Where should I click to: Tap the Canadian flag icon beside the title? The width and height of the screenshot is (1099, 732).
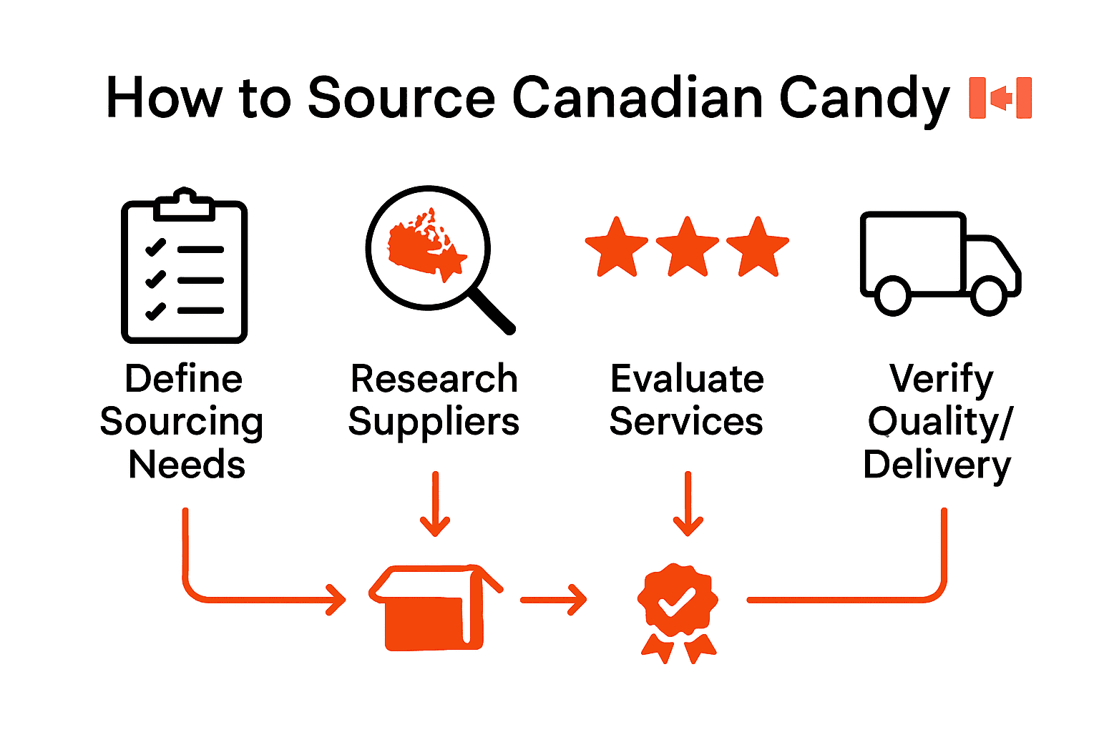(1000, 97)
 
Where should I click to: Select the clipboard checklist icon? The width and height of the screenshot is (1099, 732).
(184, 266)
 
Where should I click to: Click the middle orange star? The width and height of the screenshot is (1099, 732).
(687, 247)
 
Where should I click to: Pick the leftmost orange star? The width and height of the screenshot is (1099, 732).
(616, 247)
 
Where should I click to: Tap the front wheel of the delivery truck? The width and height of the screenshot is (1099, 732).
(989, 295)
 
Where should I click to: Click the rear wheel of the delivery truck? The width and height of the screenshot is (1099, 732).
(892, 295)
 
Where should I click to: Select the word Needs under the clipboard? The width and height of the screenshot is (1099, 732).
(187, 465)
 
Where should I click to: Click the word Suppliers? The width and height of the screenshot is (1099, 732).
(434, 422)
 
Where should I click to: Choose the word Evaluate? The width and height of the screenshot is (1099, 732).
(687, 379)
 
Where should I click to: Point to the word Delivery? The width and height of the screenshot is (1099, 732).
(937, 465)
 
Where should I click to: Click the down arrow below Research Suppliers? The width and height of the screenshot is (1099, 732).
(435, 504)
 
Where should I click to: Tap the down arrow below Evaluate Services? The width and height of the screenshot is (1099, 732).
(688, 504)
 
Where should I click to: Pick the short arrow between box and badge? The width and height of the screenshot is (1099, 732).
(553, 600)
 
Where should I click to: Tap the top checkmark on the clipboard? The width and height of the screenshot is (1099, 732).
(155, 247)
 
